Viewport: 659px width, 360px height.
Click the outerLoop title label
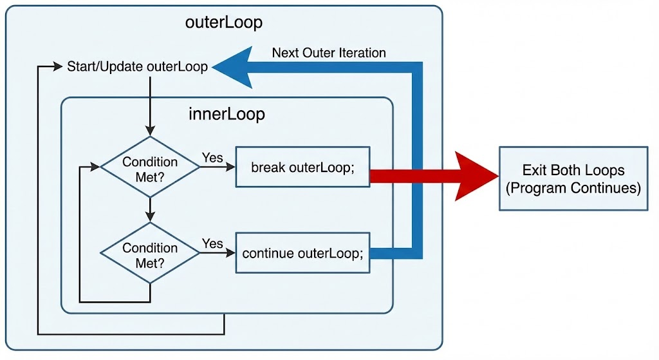point(224,23)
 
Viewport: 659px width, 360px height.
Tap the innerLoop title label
point(227,114)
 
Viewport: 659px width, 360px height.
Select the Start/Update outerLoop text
point(138,66)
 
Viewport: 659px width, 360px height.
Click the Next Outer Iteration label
point(329,53)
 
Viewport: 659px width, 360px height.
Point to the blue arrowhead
point(232,67)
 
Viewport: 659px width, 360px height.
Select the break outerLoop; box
point(302,167)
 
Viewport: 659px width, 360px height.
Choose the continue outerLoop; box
point(302,252)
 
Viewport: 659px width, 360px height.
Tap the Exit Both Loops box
point(573,178)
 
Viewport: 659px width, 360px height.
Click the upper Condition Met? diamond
point(150,167)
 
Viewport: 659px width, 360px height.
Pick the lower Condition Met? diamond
point(150,252)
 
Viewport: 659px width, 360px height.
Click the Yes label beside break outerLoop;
point(212,158)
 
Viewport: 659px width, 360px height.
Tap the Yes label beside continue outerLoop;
point(212,243)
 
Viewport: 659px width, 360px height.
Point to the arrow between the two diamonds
point(150,209)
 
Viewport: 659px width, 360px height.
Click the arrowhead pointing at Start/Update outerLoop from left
point(58,66)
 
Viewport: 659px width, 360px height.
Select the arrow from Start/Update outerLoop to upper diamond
point(150,106)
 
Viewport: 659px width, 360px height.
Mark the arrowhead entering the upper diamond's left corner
point(95,167)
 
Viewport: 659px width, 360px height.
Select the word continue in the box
point(268,253)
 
